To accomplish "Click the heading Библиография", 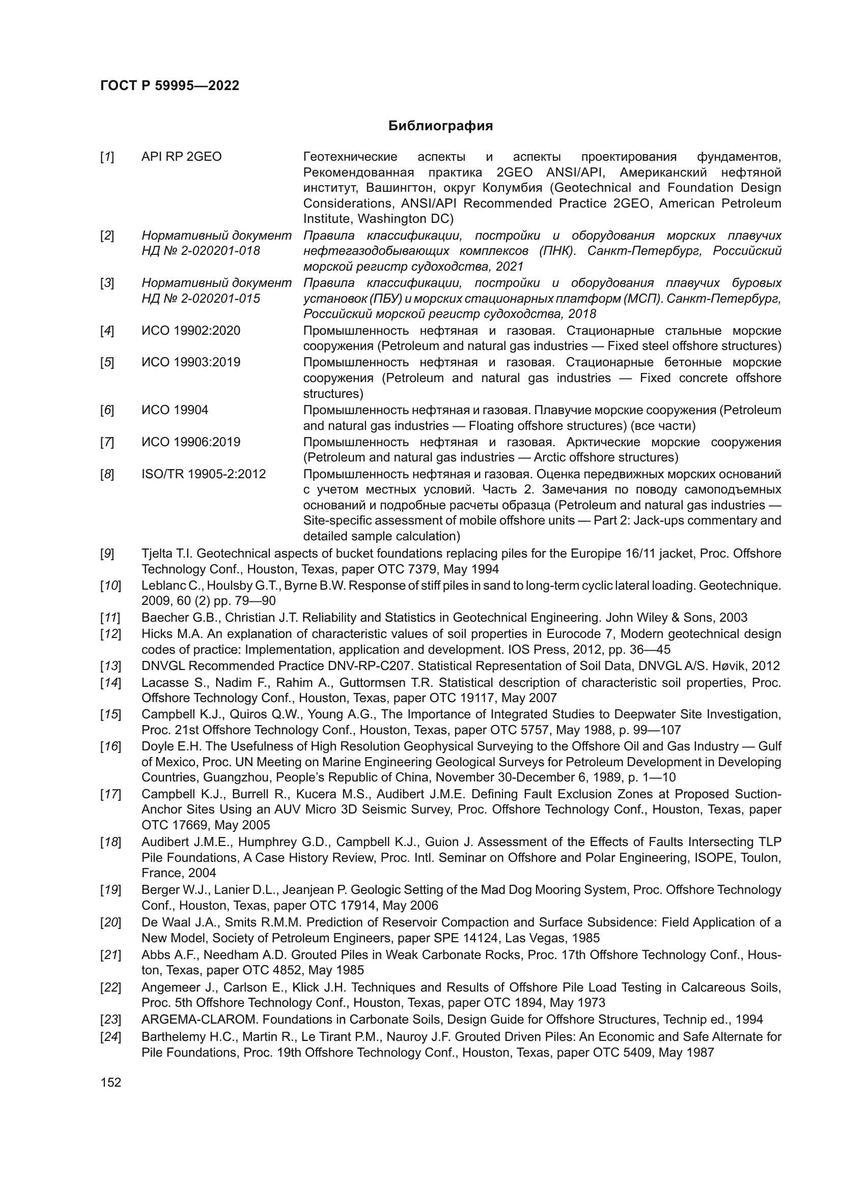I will (440, 126).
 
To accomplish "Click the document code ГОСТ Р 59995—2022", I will (170, 86).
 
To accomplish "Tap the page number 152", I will (110, 1082).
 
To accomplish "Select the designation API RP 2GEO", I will (181, 157).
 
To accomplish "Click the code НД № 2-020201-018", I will (201, 251).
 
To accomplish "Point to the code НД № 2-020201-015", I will (201, 299).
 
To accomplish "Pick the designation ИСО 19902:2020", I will (191, 331).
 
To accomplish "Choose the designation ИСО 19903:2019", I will (191, 362).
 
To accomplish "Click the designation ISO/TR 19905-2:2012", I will (203, 474).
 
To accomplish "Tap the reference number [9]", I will (107, 554).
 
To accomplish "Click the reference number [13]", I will (110, 666).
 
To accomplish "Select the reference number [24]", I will (110, 1037).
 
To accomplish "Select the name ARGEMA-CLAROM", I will (200, 1020).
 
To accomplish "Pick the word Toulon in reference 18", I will (762, 858).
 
